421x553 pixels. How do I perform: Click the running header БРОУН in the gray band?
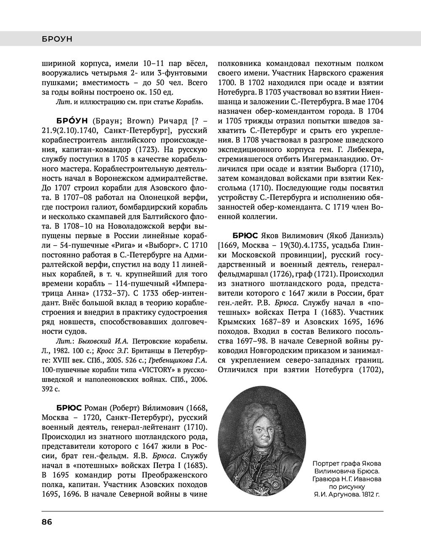(57, 39)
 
